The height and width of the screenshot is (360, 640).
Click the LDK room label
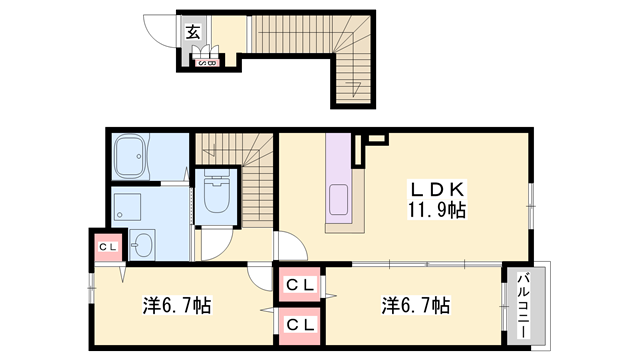pyautogui.click(x=437, y=190)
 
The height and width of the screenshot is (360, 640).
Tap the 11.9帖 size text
pyautogui.click(x=437, y=210)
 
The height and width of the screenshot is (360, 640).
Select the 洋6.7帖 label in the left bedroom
pyautogui.click(x=177, y=305)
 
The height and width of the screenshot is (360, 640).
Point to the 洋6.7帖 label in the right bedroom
pyautogui.click(x=416, y=305)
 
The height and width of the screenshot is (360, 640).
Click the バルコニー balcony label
pyautogui.click(x=523, y=306)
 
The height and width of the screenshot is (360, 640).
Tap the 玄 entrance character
pyautogui.click(x=193, y=32)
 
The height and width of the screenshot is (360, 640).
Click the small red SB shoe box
pyautogui.click(x=207, y=63)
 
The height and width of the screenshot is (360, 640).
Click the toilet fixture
pyautogui.click(x=216, y=191)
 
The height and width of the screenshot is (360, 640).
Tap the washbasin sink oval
pyautogui.click(x=143, y=245)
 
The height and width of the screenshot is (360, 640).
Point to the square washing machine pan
pyautogui.click(x=127, y=206)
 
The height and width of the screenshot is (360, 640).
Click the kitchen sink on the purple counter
pyautogui.click(x=338, y=200)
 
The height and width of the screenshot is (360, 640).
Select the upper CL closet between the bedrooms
pyautogui.click(x=301, y=284)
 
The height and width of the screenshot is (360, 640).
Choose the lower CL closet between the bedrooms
pyautogui.click(x=301, y=325)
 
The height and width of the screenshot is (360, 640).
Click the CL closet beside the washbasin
pyautogui.click(x=108, y=247)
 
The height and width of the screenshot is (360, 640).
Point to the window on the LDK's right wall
pyautogui.click(x=531, y=206)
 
